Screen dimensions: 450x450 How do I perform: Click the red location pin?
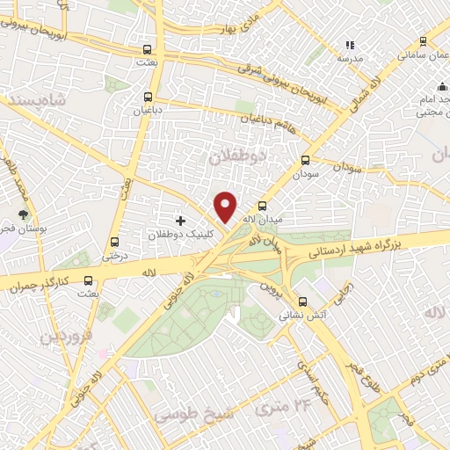(226, 207)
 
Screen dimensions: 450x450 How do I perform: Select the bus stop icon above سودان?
(305, 161)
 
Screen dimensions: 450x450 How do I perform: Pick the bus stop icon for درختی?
(113, 243)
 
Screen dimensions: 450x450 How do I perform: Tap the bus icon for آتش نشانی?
(303, 300)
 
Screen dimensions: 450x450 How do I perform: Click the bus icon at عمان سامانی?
(423, 41)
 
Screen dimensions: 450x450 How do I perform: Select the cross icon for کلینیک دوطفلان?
(181, 220)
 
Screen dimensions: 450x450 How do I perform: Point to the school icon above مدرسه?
(350, 44)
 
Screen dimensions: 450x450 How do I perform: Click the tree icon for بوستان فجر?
(24, 214)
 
